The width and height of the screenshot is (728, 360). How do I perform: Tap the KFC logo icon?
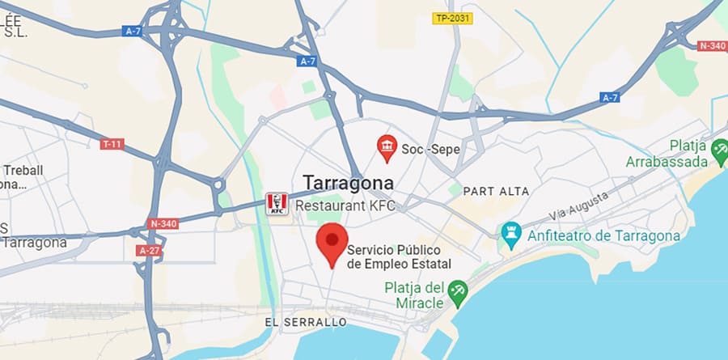click(x=277, y=205)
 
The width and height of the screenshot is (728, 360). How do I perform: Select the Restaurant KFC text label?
click(x=345, y=205)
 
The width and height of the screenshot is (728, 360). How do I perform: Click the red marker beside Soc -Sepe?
click(x=387, y=146)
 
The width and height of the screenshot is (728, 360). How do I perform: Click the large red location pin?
click(x=331, y=245)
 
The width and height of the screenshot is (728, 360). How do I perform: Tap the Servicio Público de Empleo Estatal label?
click(x=399, y=257)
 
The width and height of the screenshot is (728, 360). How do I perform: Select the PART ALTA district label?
click(x=497, y=192)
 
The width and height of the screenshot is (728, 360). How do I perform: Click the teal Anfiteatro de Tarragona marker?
click(x=511, y=235)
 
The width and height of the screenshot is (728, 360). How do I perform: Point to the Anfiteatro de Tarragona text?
click(x=603, y=236)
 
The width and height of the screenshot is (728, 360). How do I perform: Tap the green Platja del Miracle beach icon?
click(x=459, y=293)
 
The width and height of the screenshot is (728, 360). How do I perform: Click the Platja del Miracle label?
click(x=416, y=294)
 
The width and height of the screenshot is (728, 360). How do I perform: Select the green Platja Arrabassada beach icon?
click(x=719, y=149)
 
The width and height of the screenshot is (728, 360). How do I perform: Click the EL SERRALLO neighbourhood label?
click(x=306, y=323)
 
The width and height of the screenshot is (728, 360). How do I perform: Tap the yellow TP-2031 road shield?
click(x=453, y=18)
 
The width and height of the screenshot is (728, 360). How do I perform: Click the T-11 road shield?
click(x=112, y=144)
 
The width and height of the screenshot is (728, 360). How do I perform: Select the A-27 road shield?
click(x=149, y=251)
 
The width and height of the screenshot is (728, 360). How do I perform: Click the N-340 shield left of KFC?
click(x=164, y=223)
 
